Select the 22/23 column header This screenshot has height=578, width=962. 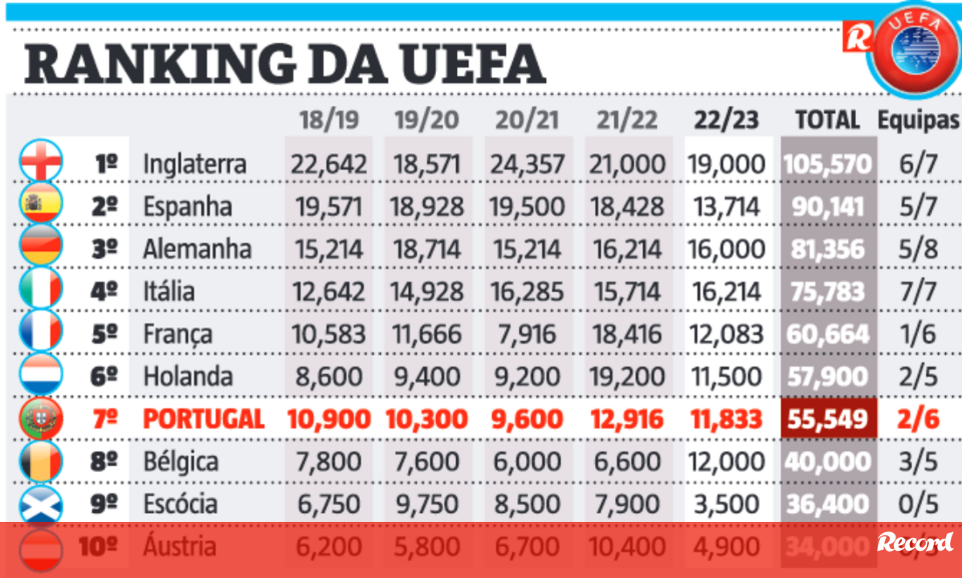point(726,120)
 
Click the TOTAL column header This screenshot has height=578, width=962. point(827,120)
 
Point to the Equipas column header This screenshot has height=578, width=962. point(918,120)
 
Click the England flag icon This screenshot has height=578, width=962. point(41,163)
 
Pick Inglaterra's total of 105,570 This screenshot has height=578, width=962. point(828,164)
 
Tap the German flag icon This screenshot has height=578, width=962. point(41,248)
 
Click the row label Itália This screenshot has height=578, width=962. point(168,291)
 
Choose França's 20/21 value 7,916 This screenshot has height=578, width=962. point(528,333)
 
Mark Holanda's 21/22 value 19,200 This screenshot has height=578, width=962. point(629,376)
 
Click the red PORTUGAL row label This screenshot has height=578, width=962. point(204,418)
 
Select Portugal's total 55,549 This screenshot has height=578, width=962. point(828,418)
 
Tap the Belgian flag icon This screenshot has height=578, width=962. point(41,461)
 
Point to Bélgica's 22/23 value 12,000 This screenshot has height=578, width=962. point(726,462)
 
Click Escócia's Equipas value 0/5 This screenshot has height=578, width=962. point(918,503)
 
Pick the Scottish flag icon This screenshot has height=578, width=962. point(41,503)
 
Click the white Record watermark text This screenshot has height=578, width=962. point(915,543)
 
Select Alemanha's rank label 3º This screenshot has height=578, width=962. point(104,249)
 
